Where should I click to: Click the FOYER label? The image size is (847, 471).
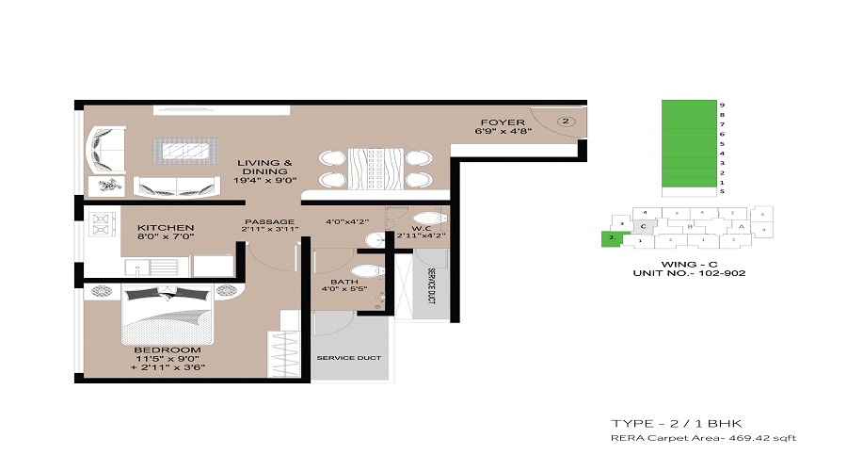click(495, 122)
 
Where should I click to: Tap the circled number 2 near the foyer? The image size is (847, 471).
click(566, 121)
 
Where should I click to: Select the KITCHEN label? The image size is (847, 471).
click(166, 228)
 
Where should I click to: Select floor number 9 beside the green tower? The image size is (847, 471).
click(721, 106)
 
